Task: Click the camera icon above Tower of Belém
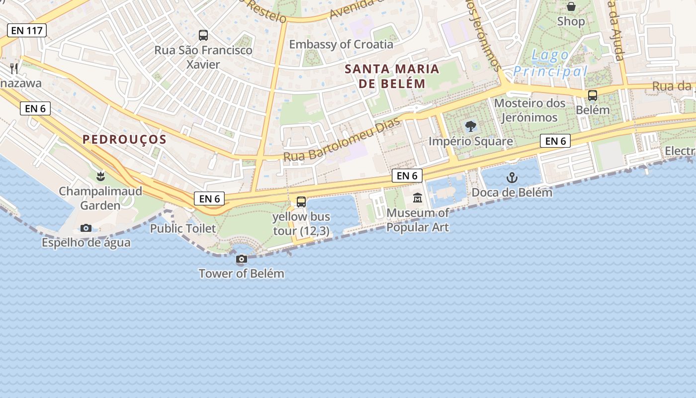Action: (x=242, y=259)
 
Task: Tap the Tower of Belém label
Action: (x=242, y=273)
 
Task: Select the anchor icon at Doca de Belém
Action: (x=512, y=177)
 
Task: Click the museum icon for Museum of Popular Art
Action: (x=418, y=198)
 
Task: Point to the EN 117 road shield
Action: (x=27, y=30)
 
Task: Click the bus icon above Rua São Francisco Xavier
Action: (x=203, y=35)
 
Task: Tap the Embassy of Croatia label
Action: (x=341, y=44)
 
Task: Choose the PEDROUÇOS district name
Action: (x=124, y=139)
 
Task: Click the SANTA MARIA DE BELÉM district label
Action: (x=392, y=76)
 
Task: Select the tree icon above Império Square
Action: (x=470, y=126)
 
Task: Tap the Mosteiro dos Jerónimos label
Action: (x=529, y=110)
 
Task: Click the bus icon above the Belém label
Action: (x=593, y=95)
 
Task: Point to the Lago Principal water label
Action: (x=550, y=64)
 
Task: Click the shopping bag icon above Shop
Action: (x=571, y=6)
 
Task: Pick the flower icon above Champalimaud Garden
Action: (x=100, y=176)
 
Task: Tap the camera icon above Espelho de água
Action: (x=86, y=228)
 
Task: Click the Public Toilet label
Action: (x=183, y=228)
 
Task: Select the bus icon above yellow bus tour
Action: (x=301, y=201)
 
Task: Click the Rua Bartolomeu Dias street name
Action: (x=342, y=140)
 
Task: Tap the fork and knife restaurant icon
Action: (x=14, y=68)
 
